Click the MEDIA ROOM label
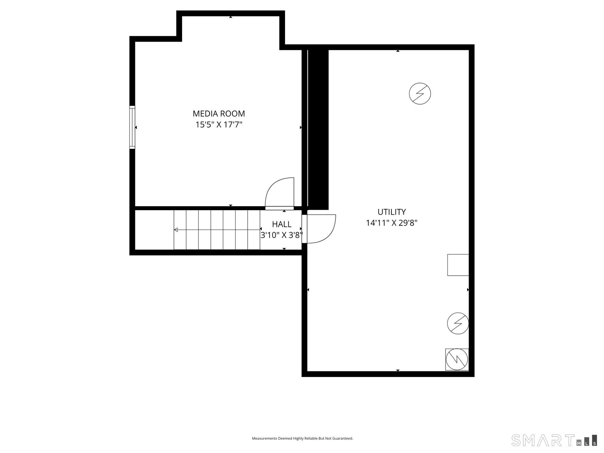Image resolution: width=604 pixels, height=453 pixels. [x=219, y=114]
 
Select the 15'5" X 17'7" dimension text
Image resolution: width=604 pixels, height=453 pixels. [x=219, y=125]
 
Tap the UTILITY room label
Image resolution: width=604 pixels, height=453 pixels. [x=391, y=212]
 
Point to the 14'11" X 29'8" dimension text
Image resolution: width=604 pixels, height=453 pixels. [x=391, y=223]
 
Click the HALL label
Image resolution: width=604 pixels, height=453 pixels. [x=282, y=224]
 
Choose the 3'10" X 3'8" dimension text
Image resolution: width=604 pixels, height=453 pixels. [x=281, y=235]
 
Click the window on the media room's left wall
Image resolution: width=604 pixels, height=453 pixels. [x=132, y=127]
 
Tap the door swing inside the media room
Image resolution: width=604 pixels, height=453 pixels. [x=279, y=193]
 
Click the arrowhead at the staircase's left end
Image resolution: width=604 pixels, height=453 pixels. [x=176, y=230]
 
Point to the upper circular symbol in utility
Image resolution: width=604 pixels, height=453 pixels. [x=420, y=93]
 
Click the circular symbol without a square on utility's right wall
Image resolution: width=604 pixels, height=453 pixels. [x=458, y=323]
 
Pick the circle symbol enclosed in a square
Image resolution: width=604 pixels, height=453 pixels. [x=457, y=359]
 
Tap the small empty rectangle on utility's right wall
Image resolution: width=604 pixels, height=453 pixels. [x=458, y=265]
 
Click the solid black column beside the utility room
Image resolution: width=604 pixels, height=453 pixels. [x=318, y=129]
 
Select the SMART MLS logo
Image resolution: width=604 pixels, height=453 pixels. [x=554, y=440]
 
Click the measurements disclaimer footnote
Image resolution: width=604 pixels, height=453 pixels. [x=302, y=439]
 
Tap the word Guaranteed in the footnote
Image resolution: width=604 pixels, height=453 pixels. [x=344, y=439]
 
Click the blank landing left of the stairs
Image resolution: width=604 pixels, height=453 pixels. [x=154, y=230]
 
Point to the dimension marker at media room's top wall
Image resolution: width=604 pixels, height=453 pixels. [x=231, y=17]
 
